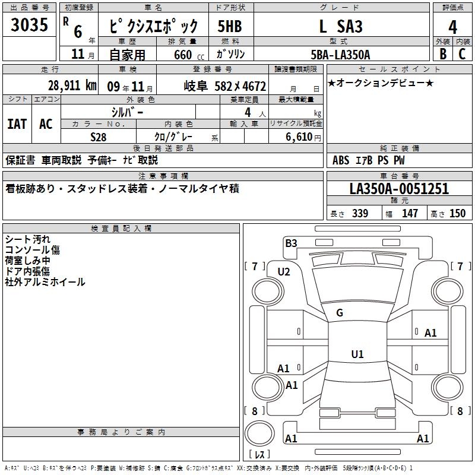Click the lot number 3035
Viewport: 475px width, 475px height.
(x=29, y=24)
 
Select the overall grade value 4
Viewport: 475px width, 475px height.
(x=452, y=27)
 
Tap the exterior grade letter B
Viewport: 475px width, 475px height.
(x=443, y=54)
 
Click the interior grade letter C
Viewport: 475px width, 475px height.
(x=462, y=54)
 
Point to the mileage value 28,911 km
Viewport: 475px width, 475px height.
(x=72, y=85)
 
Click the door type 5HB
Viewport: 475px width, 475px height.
(x=230, y=26)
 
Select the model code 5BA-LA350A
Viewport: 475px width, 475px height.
(x=340, y=55)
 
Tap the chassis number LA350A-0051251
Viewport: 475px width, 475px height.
(x=399, y=189)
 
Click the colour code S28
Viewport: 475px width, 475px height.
(x=99, y=137)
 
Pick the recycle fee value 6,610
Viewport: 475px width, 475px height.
(x=299, y=137)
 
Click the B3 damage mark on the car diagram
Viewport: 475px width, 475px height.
(x=291, y=243)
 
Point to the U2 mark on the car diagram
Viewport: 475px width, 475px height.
(x=284, y=272)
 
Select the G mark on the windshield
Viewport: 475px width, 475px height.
(x=340, y=313)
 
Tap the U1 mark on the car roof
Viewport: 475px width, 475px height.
(x=357, y=354)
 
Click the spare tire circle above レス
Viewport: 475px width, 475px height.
(x=259, y=433)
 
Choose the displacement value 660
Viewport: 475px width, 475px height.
(x=183, y=55)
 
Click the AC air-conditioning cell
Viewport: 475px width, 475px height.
(x=46, y=124)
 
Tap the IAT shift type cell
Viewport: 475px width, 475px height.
(x=17, y=124)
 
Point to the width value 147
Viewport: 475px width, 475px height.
(x=410, y=213)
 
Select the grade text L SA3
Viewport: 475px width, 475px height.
(x=341, y=26)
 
